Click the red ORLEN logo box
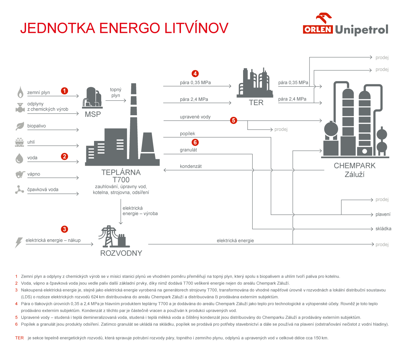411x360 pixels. (x=318, y=30)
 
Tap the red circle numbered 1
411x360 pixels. (x=64, y=91)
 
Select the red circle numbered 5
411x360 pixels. (x=233, y=120)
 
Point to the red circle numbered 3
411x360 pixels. (x=64, y=229)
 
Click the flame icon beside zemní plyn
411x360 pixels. (x=20, y=92)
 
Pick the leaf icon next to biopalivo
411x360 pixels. (x=20, y=126)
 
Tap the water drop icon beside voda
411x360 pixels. (x=19, y=158)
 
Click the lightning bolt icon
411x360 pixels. (x=19, y=242)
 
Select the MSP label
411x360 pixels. (x=93, y=114)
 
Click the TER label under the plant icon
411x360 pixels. (x=256, y=103)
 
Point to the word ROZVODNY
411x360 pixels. (x=121, y=253)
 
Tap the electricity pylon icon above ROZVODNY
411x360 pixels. (x=114, y=236)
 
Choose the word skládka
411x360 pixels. (x=383, y=228)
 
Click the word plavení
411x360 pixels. (x=383, y=215)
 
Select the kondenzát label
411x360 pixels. (x=191, y=166)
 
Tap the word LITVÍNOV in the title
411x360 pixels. (x=196, y=28)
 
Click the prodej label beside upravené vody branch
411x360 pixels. (x=281, y=129)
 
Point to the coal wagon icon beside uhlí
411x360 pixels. (x=20, y=142)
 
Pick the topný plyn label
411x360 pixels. (x=116, y=92)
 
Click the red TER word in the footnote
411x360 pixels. (x=19, y=338)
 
